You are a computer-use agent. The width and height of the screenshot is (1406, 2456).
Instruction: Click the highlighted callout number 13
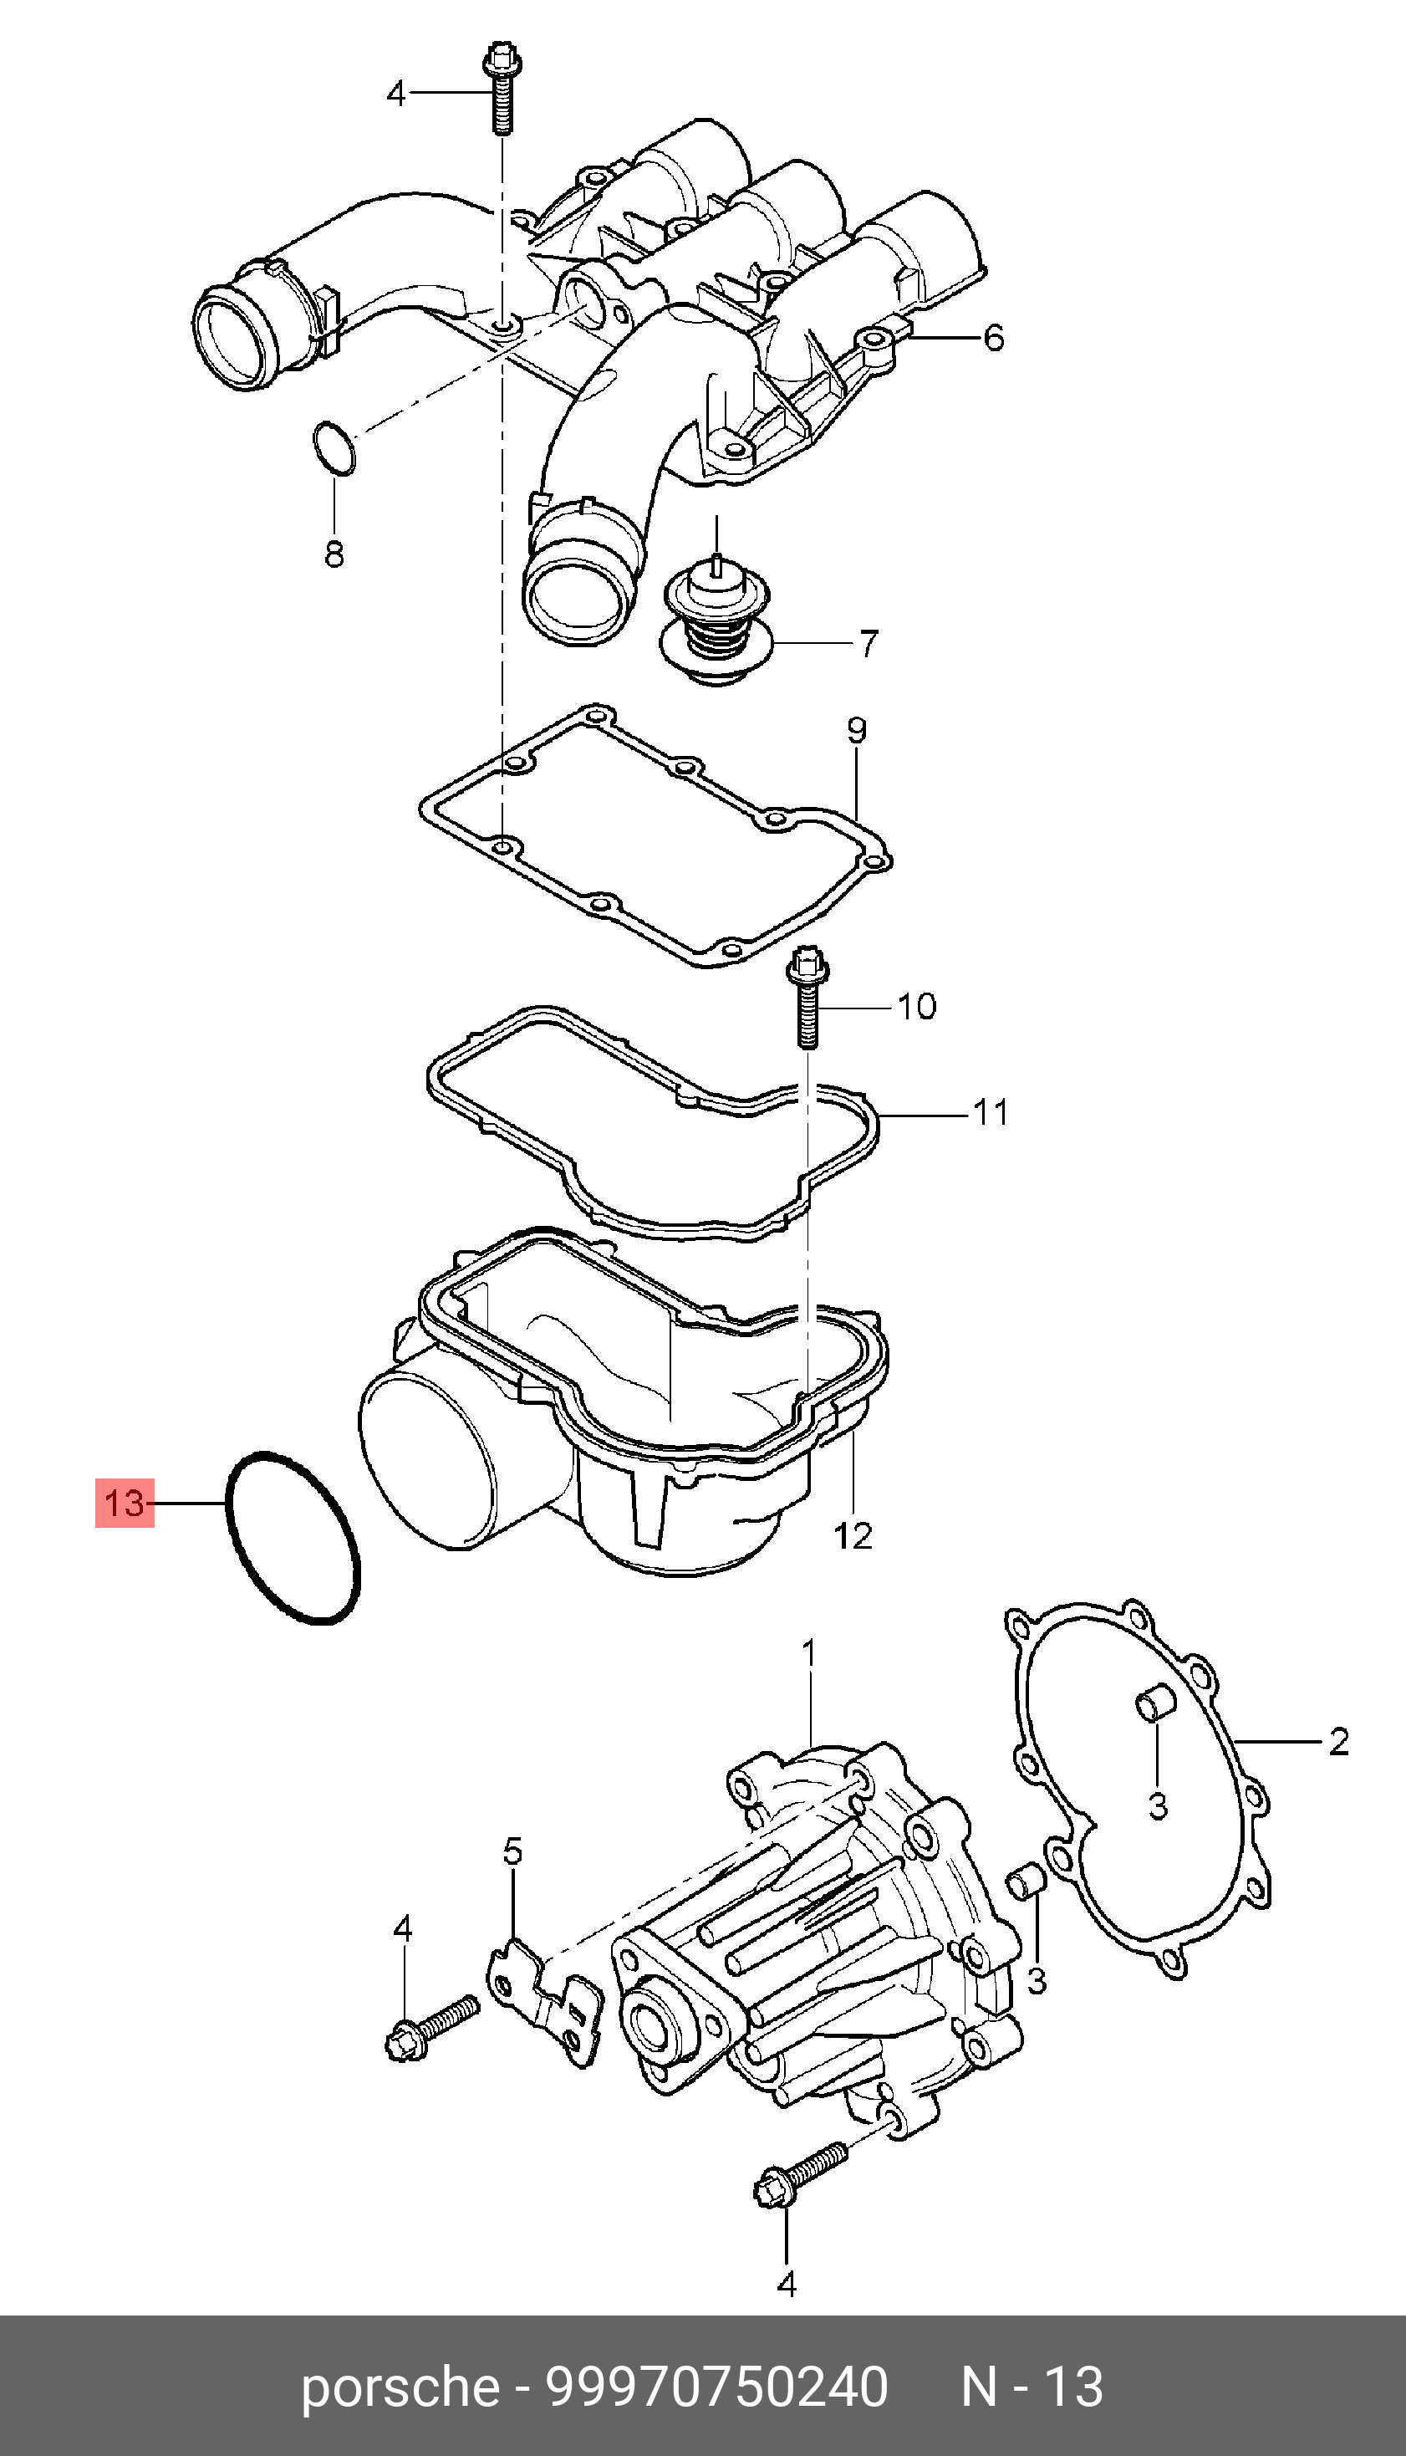coord(125,1504)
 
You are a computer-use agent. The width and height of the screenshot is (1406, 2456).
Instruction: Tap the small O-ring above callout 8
coord(334,447)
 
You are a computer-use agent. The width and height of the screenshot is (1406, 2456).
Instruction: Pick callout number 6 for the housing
coord(994,338)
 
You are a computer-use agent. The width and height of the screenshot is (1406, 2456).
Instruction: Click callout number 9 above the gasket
coord(858,730)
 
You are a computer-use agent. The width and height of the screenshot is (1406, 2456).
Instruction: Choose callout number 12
coord(853,1535)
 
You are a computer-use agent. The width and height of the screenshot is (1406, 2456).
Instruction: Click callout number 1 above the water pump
coord(809,1653)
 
